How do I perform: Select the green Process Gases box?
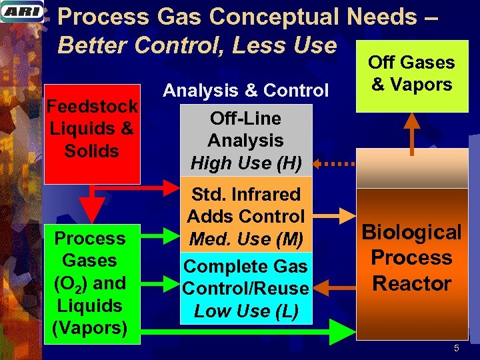click(x=92, y=284)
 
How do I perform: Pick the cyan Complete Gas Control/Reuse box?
click(x=246, y=288)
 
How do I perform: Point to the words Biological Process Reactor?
click(x=411, y=258)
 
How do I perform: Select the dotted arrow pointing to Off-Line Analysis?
click(x=333, y=163)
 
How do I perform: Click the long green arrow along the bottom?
click(x=253, y=332)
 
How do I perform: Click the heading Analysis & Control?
click(x=246, y=90)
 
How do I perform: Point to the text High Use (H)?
click(x=246, y=163)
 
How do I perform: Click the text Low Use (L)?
click(x=246, y=311)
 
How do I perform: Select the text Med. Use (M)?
click(x=246, y=238)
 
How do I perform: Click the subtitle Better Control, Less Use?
click(x=197, y=45)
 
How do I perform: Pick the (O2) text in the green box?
click(x=74, y=283)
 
